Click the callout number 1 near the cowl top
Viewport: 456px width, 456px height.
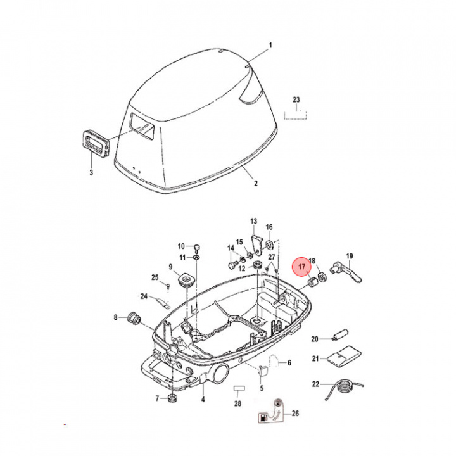pos(270,45)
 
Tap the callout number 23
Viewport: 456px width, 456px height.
pos(296,100)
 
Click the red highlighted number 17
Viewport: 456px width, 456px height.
pos(302,266)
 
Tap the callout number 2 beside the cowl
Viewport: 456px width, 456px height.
pos(256,184)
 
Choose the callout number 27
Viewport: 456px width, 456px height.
pos(272,256)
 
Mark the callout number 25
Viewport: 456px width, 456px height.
pos(155,277)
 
